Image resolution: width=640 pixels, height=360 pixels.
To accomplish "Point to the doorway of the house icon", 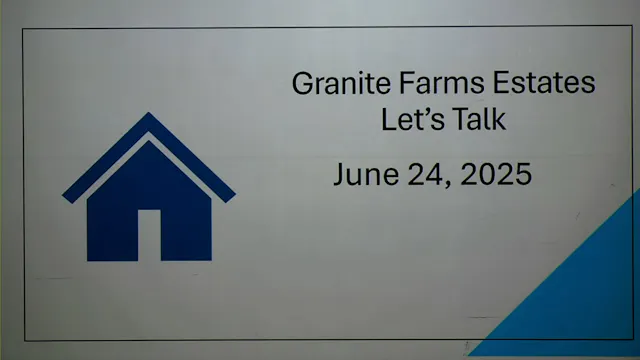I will coord(149,234).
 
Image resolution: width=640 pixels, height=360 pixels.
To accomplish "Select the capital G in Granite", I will coord(301,83).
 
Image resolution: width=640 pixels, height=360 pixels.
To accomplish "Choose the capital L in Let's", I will coord(387,119).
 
